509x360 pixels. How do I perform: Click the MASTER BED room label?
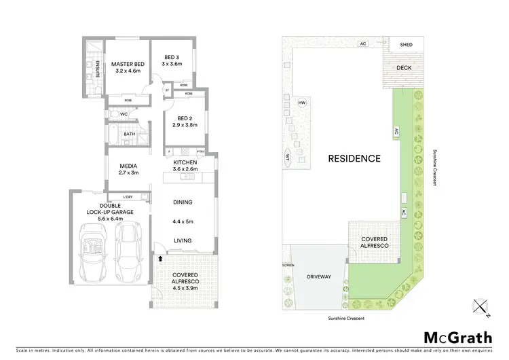point(128,62)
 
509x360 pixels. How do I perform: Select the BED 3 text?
point(172,57)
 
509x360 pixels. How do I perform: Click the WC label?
point(124,113)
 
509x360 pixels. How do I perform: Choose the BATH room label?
point(129,134)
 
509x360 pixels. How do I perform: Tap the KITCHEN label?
point(185,162)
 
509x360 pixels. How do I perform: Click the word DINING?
point(183,202)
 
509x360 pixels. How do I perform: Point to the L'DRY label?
point(128,197)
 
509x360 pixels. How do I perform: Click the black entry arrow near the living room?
point(160,258)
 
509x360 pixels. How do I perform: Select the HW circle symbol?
point(302,103)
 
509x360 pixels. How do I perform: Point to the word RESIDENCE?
point(354,158)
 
